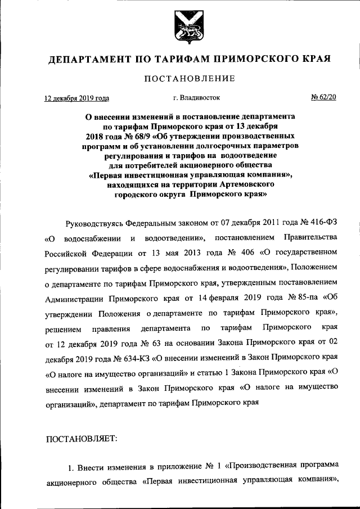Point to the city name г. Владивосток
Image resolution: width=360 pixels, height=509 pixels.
coord(193,98)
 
